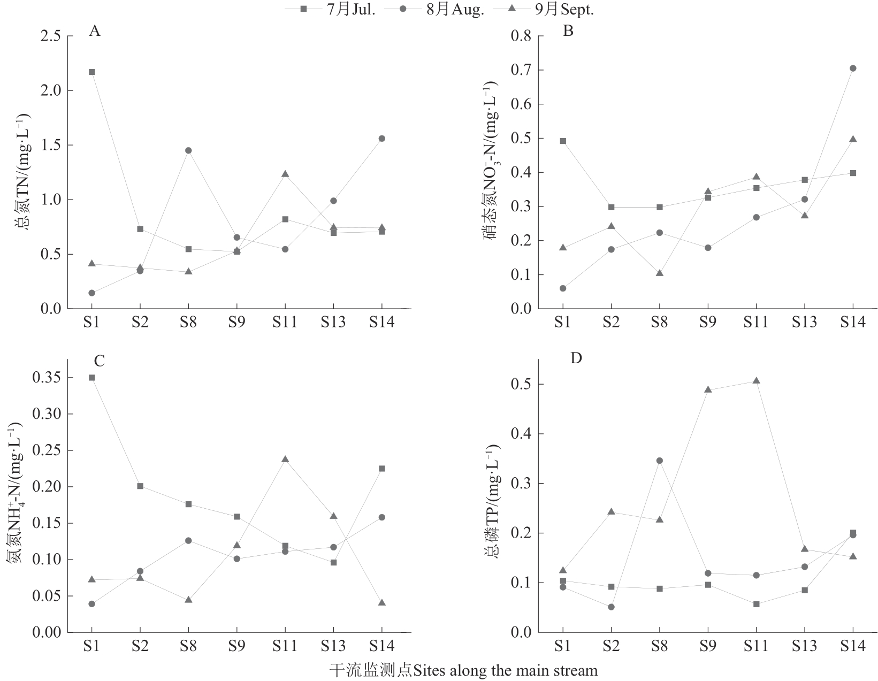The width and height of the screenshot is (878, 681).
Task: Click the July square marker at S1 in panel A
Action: coord(91,72)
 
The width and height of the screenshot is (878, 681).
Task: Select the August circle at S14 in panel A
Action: coord(381,139)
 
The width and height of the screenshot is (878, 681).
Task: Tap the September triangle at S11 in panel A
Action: coord(285,174)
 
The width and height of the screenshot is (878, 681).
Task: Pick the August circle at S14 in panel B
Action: coord(853,68)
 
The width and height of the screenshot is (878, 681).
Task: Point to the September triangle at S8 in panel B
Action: coord(660,273)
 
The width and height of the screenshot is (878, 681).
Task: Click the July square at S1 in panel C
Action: coord(91,378)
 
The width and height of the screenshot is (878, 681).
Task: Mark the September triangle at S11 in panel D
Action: coord(756,381)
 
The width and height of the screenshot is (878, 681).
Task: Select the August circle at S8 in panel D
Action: coord(660,461)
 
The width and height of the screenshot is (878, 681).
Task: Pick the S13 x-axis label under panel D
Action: coord(804,646)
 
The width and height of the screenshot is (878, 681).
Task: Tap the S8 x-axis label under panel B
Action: coord(660,322)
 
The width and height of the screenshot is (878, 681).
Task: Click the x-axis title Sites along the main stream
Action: coord(463,670)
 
